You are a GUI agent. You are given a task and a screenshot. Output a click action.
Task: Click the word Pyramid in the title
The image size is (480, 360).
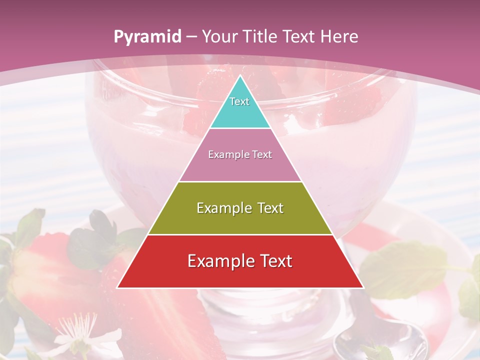tap(147, 37)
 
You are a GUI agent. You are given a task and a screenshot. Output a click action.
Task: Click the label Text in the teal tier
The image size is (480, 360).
tap(239, 101)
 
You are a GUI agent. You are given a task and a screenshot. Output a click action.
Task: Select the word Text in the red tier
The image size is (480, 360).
tap(275, 261)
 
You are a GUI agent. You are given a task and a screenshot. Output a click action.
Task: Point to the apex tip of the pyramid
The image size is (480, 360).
tap(240, 76)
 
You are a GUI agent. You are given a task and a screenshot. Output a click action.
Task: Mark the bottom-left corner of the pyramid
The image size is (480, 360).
tap(117, 287)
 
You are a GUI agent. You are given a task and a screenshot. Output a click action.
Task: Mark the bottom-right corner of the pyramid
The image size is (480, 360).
tap(363, 287)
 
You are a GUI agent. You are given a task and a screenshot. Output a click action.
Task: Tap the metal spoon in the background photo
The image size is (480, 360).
tap(380, 340)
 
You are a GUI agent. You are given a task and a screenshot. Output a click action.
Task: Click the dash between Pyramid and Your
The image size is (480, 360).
tap(191, 37)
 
